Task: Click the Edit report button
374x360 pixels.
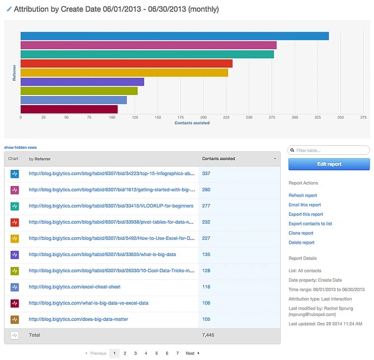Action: pos(329,164)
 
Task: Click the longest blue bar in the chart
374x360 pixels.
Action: pos(174,36)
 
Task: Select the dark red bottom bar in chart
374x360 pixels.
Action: pos(69,109)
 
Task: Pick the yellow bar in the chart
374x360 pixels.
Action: pos(124,73)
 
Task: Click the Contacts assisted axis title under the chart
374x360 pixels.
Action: pos(192,123)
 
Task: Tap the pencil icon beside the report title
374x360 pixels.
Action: pos(8,10)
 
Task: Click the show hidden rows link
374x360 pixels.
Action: pos(21,147)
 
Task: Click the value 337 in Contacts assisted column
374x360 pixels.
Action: pos(206,174)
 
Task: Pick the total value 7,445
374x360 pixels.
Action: pos(208,335)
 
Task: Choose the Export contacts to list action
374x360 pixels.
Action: pos(310,224)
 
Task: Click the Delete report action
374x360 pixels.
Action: pos(301,243)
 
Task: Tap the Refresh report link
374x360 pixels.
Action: pos(302,195)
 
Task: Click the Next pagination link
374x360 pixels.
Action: pos(191,353)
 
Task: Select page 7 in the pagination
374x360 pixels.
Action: pos(177,353)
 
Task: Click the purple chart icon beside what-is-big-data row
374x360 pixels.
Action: pos(15,254)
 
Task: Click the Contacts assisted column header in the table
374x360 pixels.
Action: pos(219,159)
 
